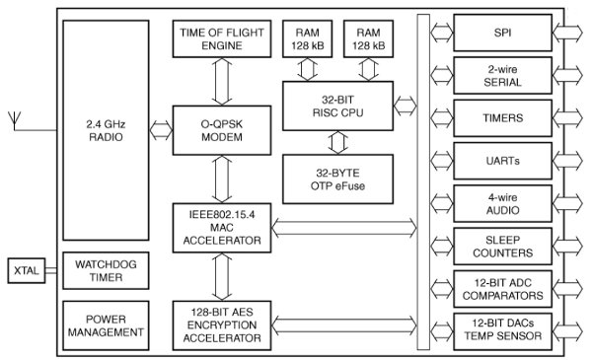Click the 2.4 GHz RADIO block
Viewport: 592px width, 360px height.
(x=103, y=131)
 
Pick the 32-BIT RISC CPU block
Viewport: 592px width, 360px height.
(x=337, y=104)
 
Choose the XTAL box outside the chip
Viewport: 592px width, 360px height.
(x=25, y=269)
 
